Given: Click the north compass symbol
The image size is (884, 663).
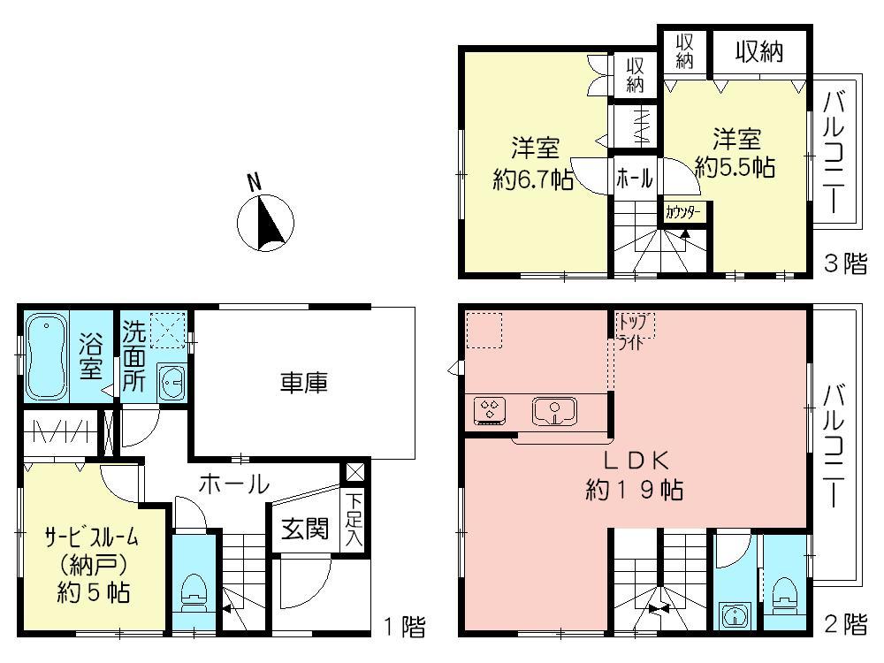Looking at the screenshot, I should pyautogui.click(x=265, y=220).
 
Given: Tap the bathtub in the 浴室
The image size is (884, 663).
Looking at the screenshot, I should pyautogui.click(x=48, y=356).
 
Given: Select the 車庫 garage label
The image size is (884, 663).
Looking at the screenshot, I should pyautogui.click(x=304, y=383).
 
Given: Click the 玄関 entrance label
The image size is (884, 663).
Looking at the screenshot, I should pyautogui.click(x=305, y=529).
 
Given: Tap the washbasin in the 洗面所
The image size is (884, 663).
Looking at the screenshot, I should pyautogui.click(x=171, y=382).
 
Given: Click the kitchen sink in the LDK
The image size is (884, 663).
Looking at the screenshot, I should pyautogui.click(x=553, y=410).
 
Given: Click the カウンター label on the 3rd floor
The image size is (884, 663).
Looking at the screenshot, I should pyautogui.click(x=682, y=212).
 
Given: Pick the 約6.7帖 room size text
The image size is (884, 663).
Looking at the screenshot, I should pyautogui.click(x=534, y=179).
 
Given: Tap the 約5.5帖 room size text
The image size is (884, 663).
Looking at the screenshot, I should pyautogui.click(x=735, y=166).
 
